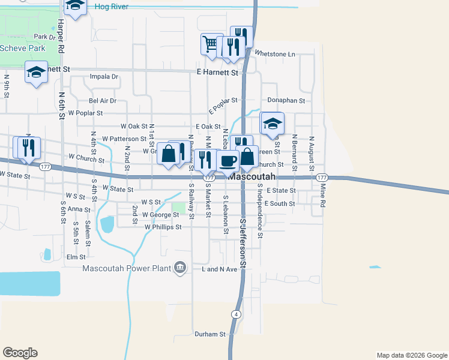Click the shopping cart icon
(x=210, y=44)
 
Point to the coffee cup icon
(x=228, y=160)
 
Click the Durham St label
(x=209, y=334)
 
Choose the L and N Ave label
(x=219, y=269)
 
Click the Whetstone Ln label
(x=275, y=54)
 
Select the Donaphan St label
(x=286, y=101)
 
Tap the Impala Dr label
(x=104, y=77)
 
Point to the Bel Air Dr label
(x=102, y=101)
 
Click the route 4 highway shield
(x=237, y=314)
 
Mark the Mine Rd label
(x=322, y=196)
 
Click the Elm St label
(x=76, y=257)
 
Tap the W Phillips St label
(x=163, y=227)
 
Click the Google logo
(x=20, y=353)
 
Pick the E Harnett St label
(x=217, y=72)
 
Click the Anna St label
(x=79, y=209)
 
